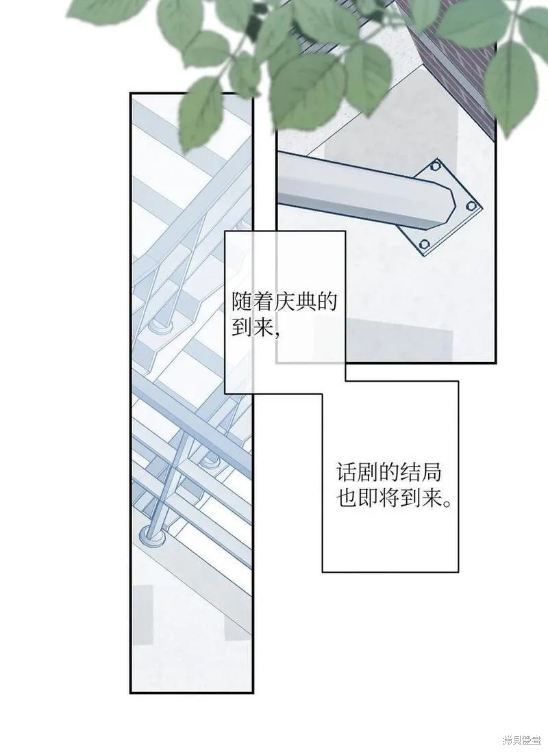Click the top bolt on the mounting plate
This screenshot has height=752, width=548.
click(x=436, y=166)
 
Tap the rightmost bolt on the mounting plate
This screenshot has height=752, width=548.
click(x=471, y=206)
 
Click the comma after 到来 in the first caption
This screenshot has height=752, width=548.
click(x=277, y=333)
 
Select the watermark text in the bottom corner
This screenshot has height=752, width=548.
click(x=521, y=742)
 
